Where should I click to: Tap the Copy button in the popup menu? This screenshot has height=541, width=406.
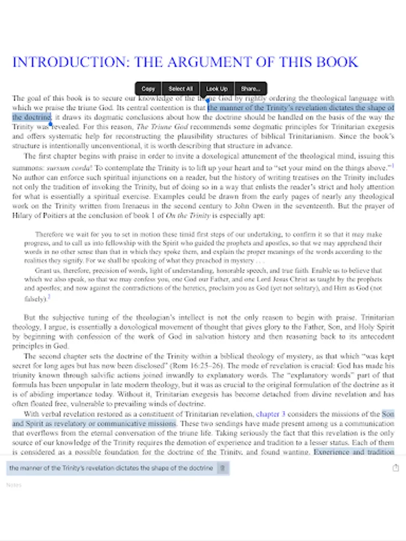coord(148,88)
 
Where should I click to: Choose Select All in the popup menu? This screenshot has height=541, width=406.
coord(180,88)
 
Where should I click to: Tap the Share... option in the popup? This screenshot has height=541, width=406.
coord(250,88)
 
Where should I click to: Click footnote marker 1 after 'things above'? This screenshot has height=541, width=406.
coord(392,165)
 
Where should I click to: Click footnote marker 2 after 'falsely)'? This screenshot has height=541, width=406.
coord(49,296)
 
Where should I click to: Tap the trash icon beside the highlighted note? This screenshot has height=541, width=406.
coord(221,468)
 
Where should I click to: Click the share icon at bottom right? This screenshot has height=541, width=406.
coord(395,468)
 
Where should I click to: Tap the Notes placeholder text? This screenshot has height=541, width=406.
coord(14,484)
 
